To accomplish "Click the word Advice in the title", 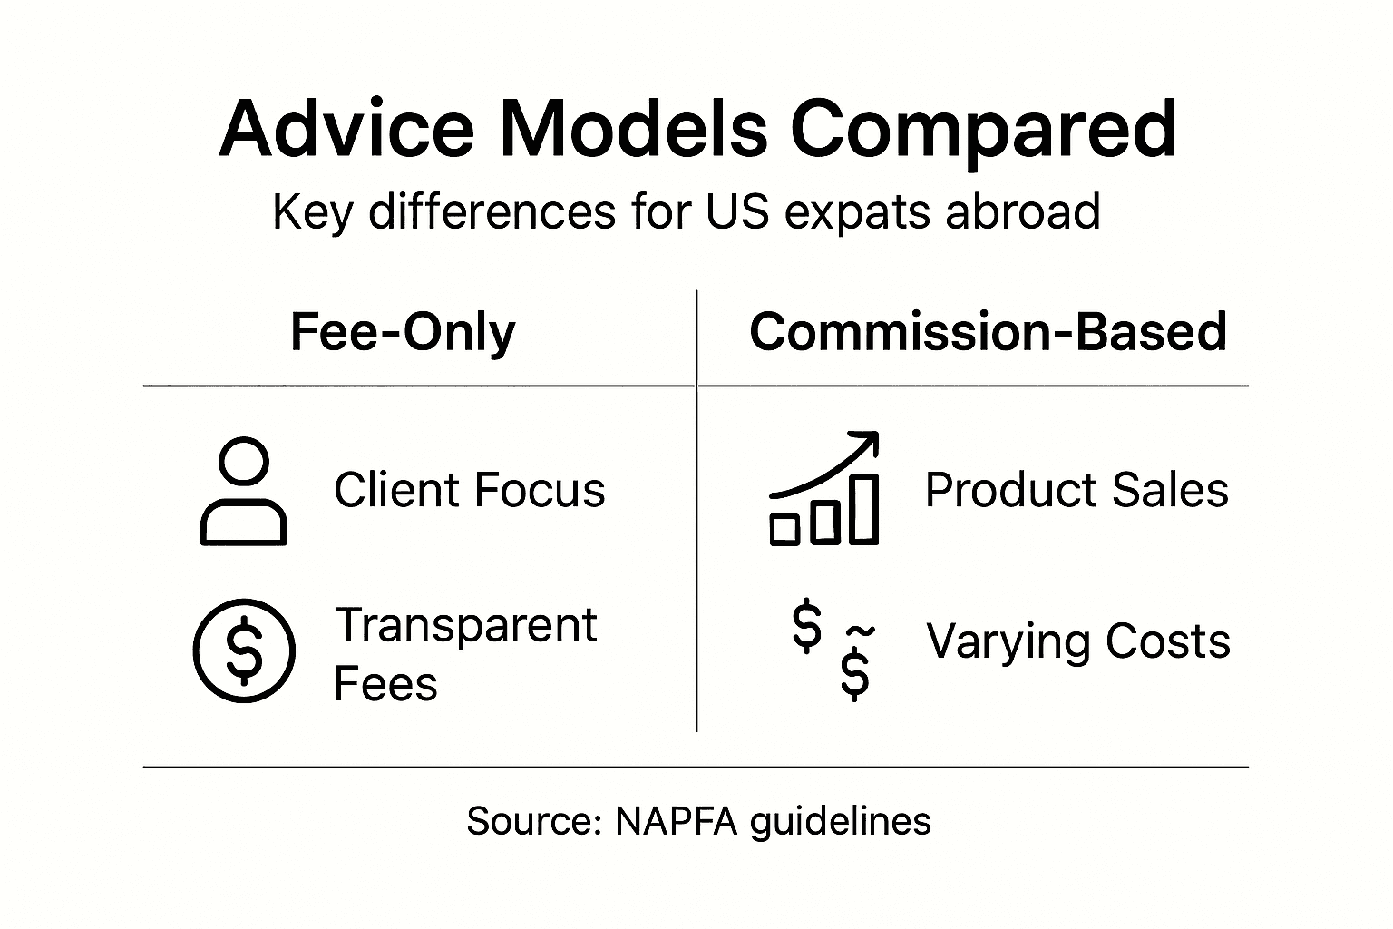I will pos(346,128).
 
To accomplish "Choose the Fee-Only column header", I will pos(403,332).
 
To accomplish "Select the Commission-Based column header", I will pos(988,332).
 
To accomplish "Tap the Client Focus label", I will pos(469,491).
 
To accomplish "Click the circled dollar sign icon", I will pos(244,650).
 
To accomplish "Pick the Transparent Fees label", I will pos(465,653).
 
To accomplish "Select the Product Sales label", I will pos(1076,491).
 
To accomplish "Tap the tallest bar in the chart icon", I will pos(864,509).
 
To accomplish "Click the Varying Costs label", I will pos(1077,641).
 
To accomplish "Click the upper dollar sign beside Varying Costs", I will pos(806,626).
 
